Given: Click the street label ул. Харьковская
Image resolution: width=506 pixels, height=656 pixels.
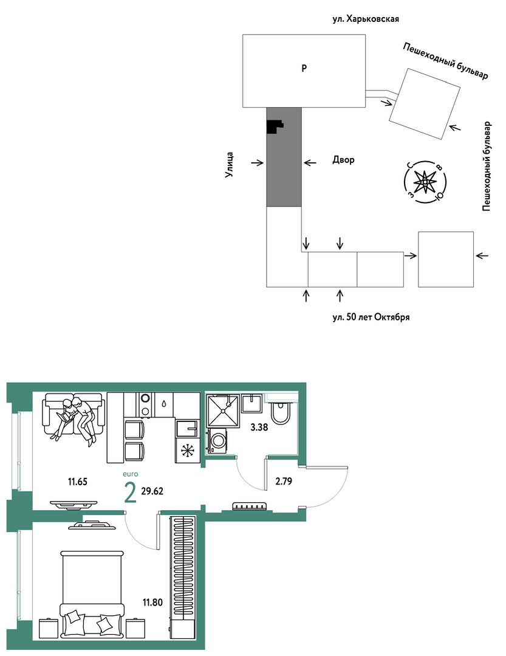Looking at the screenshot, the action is pos(366,19).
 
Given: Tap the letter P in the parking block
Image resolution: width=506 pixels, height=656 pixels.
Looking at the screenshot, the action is pos(304,67).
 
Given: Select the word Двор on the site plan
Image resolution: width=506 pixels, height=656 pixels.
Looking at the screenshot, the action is pos(343,160).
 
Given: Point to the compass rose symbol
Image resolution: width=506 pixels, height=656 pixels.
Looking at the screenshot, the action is pos(425,182).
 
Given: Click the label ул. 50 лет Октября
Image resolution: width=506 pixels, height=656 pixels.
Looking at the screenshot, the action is pos(371,317).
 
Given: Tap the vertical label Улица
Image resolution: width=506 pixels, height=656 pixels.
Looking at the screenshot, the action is pos(230,165).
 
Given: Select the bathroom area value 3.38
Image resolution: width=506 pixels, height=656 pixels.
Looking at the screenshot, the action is pos(259,427).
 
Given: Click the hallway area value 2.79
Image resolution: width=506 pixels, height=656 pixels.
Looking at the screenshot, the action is pos(284,481).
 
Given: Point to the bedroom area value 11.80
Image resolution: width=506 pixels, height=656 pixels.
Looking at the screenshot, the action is pos(152,602).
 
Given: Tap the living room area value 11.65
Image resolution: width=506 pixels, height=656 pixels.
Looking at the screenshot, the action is pos(78,482).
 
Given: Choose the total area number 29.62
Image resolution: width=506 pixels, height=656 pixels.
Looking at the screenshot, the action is pos(152,491).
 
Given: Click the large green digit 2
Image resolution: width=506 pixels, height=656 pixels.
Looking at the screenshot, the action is pos(131,492).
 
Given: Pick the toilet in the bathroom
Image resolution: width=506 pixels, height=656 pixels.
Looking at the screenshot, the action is pos(278,412).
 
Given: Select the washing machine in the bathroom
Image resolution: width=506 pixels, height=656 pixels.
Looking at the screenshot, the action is pos(217,441).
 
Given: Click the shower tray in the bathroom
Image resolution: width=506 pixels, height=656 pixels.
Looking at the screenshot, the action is pos(223,411).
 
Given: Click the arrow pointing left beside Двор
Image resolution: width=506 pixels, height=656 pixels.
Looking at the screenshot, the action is pos(310,163).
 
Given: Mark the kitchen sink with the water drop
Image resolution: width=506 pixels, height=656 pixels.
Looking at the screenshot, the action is pos(164,404).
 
